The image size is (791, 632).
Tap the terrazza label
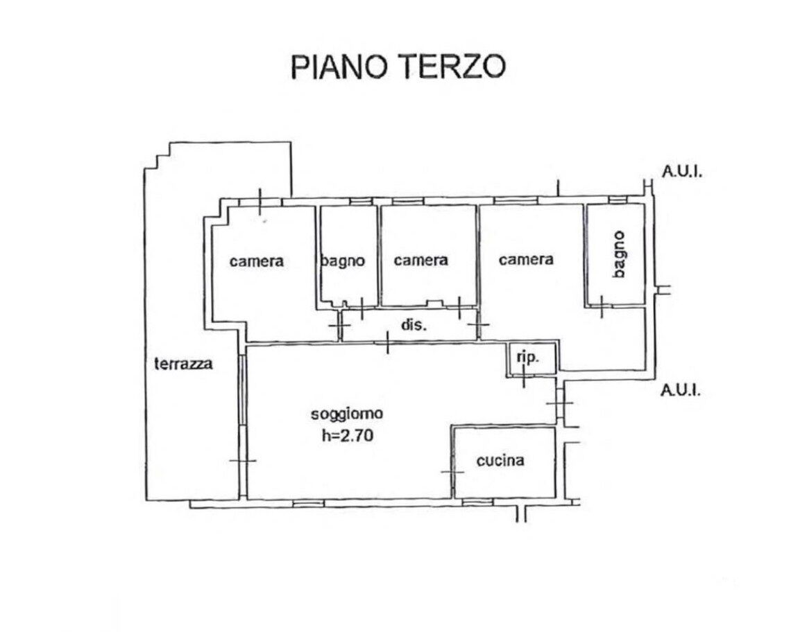coord(184,363)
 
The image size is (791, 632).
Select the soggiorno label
coord(347,414)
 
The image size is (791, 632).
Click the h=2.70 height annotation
coord(348,434)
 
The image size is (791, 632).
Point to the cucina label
coord(500,460)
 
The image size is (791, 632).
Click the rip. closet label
coord(528,358)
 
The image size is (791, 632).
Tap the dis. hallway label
coord(414,325)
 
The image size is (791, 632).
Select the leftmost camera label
coord(256,261)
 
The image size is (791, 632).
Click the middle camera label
coord(420,260)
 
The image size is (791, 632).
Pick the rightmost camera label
coord(526,259)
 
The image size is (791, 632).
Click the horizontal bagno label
coord(343,261)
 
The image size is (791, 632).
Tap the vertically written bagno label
coord(619,254)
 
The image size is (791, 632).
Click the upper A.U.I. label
coord(682,172)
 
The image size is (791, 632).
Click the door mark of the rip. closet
coord(524,376)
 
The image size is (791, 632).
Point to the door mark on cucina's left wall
coord(452,472)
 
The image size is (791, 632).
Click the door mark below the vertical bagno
coord(602,306)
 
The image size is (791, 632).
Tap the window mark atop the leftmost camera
coord(260,202)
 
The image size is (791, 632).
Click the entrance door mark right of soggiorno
coord(560,403)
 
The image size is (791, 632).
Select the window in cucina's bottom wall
coord(478,502)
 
